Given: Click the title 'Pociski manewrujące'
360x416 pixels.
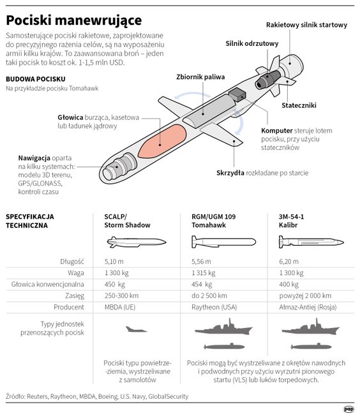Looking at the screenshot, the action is pyautogui.click(x=74, y=20).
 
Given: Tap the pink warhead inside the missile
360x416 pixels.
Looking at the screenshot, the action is pyautogui.click(x=162, y=142).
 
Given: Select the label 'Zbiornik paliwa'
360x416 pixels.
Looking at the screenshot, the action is pyautogui.click(x=200, y=77).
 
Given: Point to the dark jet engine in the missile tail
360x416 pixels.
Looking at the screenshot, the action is pyautogui.click(x=267, y=79).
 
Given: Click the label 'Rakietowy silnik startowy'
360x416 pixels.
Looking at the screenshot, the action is pyautogui.click(x=306, y=25).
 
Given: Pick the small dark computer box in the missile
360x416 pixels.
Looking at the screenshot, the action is pyautogui.click(x=237, y=94).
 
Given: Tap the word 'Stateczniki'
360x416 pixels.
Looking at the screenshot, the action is pyautogui.click(x=299, y=105).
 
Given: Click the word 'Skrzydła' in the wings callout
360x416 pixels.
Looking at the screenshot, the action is pyautogui.click(x=230, y=173).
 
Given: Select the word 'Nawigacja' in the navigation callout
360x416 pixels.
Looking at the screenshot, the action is pyautogui.click(x=34, y=158).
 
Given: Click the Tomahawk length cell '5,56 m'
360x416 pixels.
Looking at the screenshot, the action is pyautogui.click(x=201, y=262).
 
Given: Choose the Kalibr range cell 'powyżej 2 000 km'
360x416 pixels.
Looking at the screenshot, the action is pyautogui.click(x=305, y=296).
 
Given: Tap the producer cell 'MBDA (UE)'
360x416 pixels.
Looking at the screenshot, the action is pyautogui.click(x=120, y=308).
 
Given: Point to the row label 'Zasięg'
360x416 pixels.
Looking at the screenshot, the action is pyautogui.click(x=75, y=296).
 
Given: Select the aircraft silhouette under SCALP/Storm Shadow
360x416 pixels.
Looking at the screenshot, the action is pyautogui.click(x=136, y=329).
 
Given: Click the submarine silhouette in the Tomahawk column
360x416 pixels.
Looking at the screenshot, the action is pyautogui.click(x=224, y=346).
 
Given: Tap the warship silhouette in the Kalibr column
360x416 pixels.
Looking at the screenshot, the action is pyautogui.click(x=311, y=327).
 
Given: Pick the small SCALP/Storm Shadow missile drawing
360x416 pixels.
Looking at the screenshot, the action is pyautogui.click(x=137, y=242).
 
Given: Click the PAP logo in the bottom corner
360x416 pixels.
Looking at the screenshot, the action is pyautogui.click(x=349, y=410).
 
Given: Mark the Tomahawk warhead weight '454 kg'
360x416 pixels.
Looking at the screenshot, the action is pyautogui.click(x=202, y=285).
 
